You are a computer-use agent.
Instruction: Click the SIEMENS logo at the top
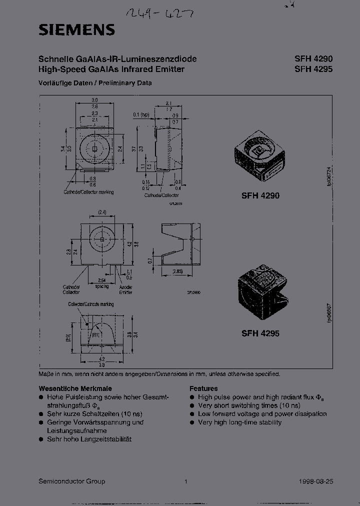tap(76, 30)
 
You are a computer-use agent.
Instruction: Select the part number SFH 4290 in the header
tap(313, 59)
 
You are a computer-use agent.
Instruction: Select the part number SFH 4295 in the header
tap(313, 69)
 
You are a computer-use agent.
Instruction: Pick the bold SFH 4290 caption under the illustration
tap(260, 196)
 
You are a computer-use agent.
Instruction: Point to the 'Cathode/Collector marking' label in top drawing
tap(88, 192)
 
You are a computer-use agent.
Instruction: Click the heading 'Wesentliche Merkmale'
tap(75, 388)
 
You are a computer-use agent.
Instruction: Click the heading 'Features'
tap(203, 388)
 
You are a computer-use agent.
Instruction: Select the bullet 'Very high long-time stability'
tap(239, 422)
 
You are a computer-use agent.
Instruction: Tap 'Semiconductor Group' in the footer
tap(72, 481)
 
